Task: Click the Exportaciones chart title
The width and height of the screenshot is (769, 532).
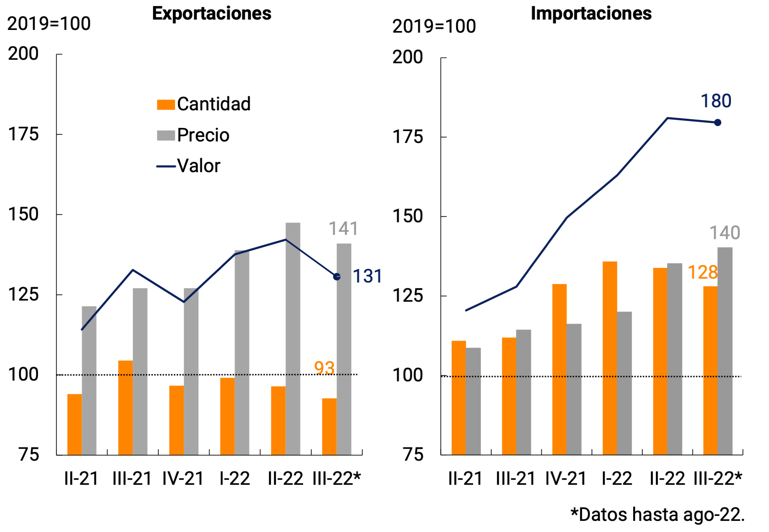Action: click(x=212, y=13)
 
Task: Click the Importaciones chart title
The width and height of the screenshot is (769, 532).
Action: click(x=591, y=13)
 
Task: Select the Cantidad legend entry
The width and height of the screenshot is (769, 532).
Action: click(x=204, y=104)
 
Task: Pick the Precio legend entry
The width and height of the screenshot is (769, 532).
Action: click(x=193, y=135)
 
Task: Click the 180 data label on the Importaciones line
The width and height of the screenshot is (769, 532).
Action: click(x=716, y=101)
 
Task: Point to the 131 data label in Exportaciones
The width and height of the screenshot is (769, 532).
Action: click(x=367, y=276)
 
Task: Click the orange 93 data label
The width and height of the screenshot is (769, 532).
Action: click(x=324, y=368)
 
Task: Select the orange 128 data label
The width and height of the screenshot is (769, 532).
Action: click(x=702, y=273)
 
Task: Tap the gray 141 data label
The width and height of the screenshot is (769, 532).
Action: click(x=343, y=229)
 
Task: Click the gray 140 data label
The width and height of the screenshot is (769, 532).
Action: click(x=724, y=233)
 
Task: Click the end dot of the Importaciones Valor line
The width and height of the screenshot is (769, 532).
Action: click(x=717, y=123)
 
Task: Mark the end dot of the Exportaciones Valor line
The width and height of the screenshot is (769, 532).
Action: click(x=337, y=277)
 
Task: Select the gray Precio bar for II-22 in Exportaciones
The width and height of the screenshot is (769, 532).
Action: click(x=293, y=338)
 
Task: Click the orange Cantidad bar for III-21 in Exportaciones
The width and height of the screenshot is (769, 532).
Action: click(x=125, y=407)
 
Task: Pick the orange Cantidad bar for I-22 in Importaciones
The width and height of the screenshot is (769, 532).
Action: click(x=610, y=357)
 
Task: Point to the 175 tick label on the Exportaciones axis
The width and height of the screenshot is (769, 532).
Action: click(x=23, y=135)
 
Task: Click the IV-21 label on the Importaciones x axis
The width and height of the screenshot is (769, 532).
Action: click(x=566, y=479)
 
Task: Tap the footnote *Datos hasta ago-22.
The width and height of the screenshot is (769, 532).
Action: click(x=657, y=515)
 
